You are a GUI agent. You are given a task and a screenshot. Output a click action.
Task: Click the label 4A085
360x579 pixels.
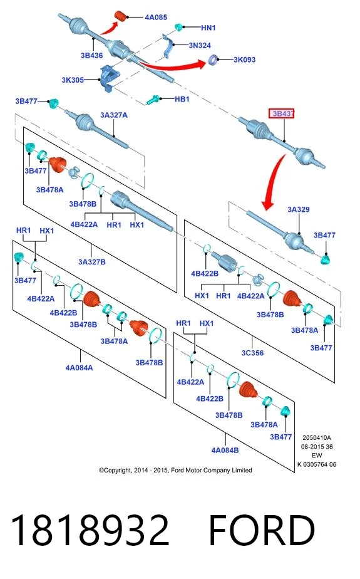coord(156,18)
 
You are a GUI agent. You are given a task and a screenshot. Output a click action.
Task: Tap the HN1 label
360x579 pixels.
coord(208,28)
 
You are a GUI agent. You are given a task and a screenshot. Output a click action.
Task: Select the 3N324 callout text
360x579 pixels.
coord(200,45)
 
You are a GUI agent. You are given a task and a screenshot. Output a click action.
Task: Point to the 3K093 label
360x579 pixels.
coord(244,60)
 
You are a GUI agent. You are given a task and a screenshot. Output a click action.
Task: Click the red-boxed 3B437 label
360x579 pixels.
coord(282,114)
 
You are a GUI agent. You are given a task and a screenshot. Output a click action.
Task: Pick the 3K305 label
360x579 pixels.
coord(73,80)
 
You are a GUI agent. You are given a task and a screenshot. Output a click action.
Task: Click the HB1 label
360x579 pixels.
coord(182,99)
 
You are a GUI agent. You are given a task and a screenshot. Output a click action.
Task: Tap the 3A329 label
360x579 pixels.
coord(299,209)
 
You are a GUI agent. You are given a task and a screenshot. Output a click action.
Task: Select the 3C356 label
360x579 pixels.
coord(253,353)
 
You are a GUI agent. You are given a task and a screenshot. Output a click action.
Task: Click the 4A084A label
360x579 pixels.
coord(80,368)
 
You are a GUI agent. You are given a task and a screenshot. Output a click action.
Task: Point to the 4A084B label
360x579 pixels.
coord(225,451)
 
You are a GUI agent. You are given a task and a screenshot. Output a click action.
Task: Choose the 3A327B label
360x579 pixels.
coord(92,262)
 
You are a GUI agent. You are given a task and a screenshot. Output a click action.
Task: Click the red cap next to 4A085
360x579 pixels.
coord(121,16)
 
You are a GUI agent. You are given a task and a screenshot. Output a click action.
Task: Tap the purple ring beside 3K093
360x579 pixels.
coord(213,60)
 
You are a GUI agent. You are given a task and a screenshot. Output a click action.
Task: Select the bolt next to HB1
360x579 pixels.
coord(153,100)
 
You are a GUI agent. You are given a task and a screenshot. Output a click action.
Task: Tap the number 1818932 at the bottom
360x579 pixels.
coord(90,530)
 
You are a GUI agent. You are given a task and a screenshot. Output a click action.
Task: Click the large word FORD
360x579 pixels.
coord(262,530)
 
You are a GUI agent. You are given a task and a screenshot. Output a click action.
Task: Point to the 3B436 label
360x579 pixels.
coord(91,55)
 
